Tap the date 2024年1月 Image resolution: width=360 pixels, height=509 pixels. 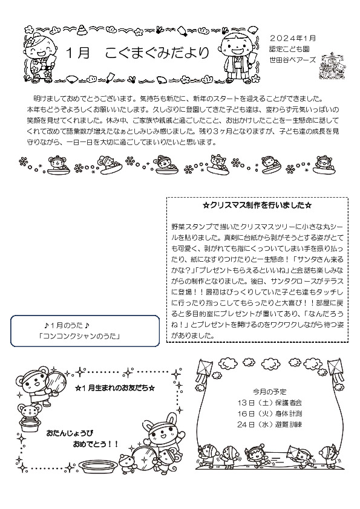point(292,38)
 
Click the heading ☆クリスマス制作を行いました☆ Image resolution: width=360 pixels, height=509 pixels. point(257,206)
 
